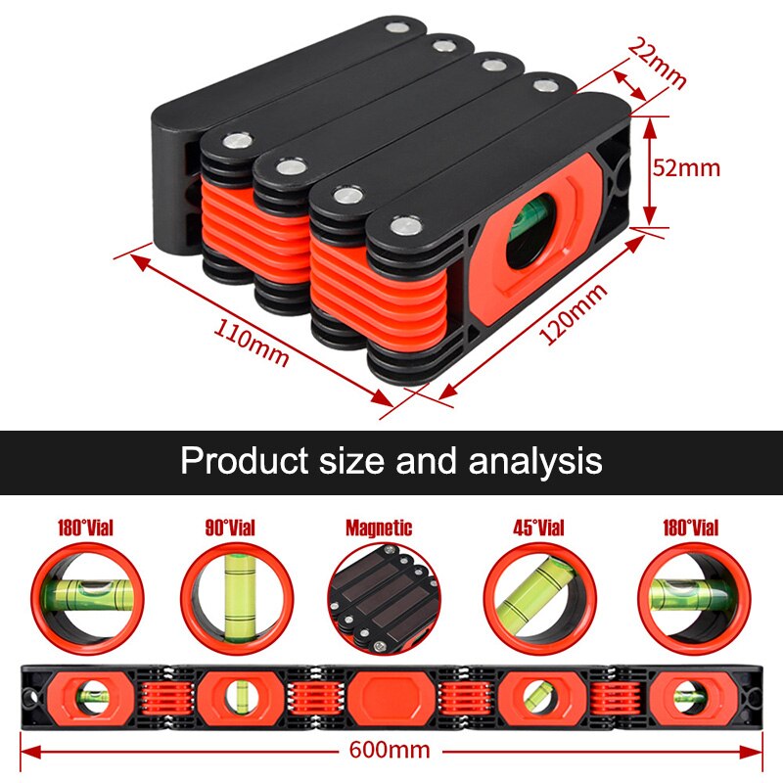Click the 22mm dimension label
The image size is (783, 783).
point(657,63)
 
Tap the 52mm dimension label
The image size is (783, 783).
point(687,167)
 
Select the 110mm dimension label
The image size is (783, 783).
point(252,342)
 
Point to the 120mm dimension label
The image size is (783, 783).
point(574,313)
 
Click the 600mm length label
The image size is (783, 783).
point(390,750)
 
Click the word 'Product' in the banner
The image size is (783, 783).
point(244,460)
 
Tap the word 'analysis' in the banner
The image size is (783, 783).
point(535,461)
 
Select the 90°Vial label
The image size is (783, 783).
point(230,528)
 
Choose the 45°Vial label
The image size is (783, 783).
point(539,528)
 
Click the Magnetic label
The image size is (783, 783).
point(379,528)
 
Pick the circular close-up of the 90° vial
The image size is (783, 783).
point(237,599)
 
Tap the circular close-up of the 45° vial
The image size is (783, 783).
point(540,599)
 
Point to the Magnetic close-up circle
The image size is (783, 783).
point(385,599)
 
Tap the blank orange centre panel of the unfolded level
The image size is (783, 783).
point(391,697)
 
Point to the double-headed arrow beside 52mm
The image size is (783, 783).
point(649,170)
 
